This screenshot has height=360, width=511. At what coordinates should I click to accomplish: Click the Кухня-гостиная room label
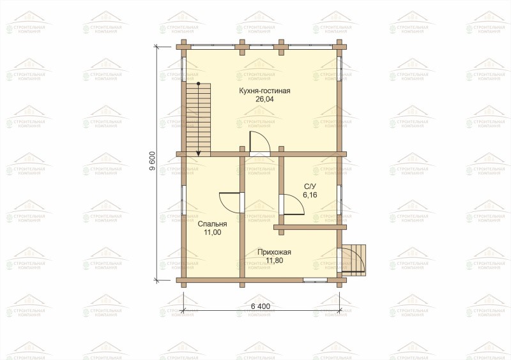click(264, 91)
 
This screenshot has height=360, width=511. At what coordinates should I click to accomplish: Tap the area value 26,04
click(264, 100)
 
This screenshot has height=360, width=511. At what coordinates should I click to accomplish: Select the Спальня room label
click(212, 224)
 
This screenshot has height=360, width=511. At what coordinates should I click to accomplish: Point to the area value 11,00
click(213, 232)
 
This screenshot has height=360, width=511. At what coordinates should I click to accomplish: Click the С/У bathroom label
click(310, 186)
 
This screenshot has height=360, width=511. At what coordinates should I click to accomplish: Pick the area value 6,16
click(310, 195)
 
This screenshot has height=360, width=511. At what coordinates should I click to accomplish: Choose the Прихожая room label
click(274, 252)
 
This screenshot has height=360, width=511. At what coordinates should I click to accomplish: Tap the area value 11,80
click(275, 260)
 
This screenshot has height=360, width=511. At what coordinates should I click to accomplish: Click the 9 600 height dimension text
click(152, 161)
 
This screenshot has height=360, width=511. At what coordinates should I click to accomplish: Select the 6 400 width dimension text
click(261, 306)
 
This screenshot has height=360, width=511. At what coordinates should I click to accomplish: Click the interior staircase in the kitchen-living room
click(198, 119)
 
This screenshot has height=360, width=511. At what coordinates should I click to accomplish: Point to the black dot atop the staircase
click(198, 84)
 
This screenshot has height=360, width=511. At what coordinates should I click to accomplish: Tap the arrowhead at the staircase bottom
click(198, 154)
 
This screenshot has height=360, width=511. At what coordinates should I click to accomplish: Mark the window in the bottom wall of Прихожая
click(315, 280)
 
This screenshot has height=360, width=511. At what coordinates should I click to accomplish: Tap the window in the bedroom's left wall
click(183, 201)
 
